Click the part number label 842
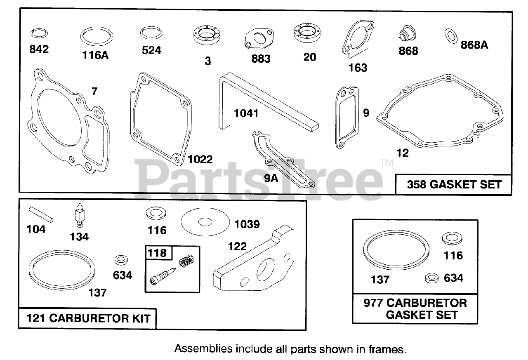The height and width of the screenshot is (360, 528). [x=39, y=49]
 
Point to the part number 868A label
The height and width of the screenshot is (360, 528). [x=474, y=45]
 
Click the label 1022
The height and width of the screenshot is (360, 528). [x=200, y=159]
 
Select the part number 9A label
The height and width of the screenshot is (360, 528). [x=271, y=178]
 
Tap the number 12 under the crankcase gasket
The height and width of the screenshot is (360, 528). [x=402, y=153]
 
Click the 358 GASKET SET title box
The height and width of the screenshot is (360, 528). [x=454, y=184]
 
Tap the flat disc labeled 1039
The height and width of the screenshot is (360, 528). [x=205, y=222]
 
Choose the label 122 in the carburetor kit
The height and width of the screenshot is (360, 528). [x=237, y=247]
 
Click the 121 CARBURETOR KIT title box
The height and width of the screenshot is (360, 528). [x=87, y=318]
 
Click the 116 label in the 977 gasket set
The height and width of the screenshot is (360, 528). [x=453, y=256]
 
